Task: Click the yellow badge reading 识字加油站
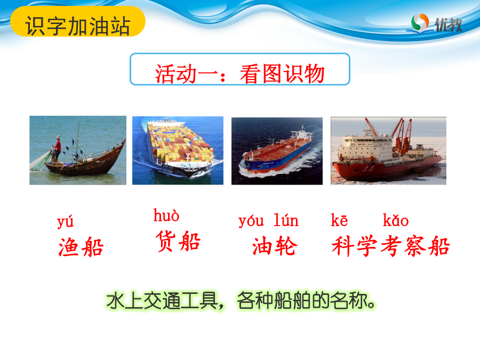click(78, 21)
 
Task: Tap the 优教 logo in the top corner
click(436, 23)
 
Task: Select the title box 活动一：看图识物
click(239, 69)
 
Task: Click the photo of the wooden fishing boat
click(78, 150)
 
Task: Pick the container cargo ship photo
click(178, 150)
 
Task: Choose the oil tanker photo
click(277, 151)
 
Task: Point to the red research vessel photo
click(388, 150)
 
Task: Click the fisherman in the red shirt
click(58, 147)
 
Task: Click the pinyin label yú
click(65, 221)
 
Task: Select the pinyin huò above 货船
click(166, 215)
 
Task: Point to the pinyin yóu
click(251, 220)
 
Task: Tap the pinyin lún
click(286, 220)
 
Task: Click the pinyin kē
click(339, 220)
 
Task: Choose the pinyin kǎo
click(396, 220)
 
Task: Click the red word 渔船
click(81, 247)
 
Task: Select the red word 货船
click(178, 241)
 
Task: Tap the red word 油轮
click(275, 246)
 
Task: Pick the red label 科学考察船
click(390, 246)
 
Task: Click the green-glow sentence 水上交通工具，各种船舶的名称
click(241, 301)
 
